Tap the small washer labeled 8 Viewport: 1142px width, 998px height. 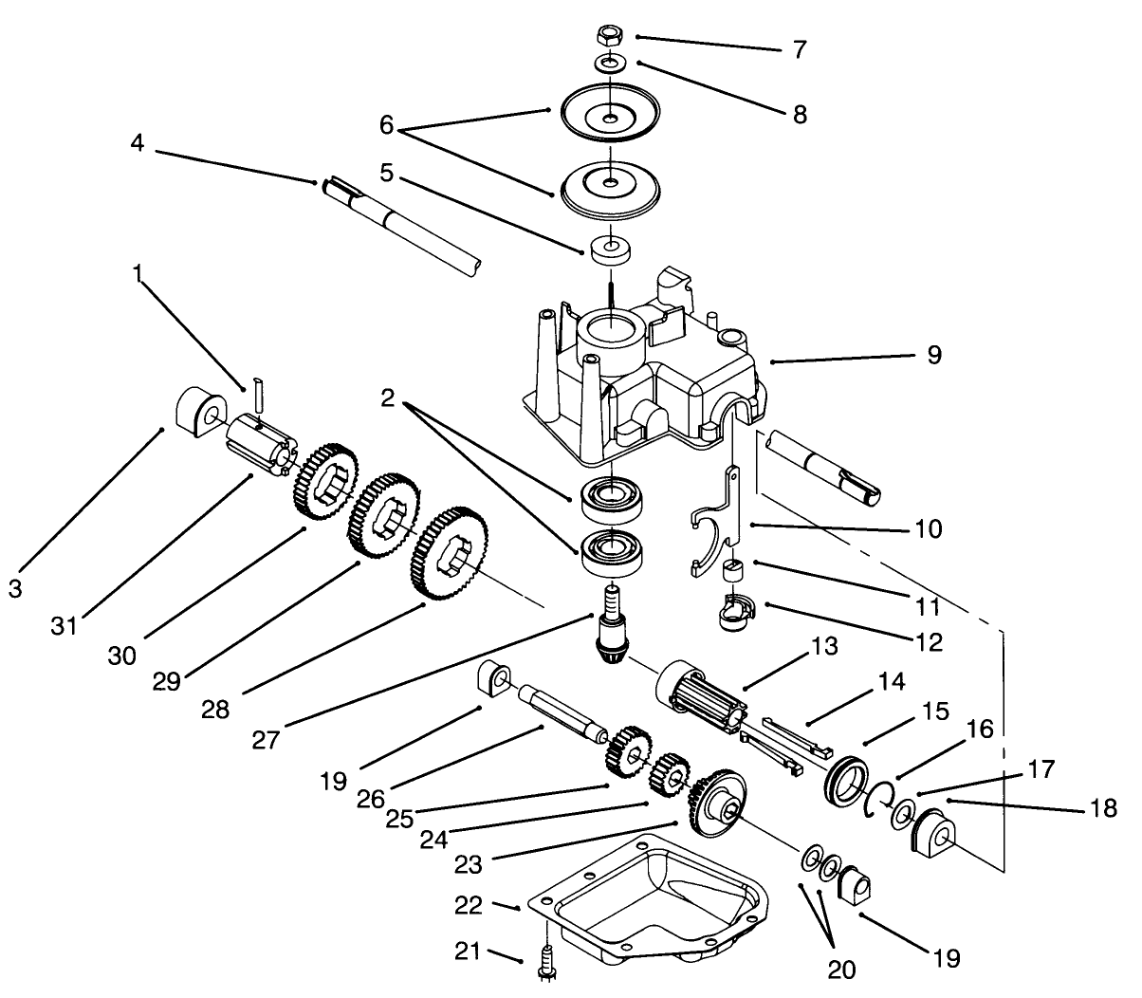coord(607,65)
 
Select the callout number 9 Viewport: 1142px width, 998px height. coord(933,356)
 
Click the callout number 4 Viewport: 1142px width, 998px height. coord(138,144)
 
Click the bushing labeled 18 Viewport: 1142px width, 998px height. coord(933,831)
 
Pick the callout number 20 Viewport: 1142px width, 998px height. coord(841,969)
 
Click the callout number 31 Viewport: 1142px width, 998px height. coord(64,627)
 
